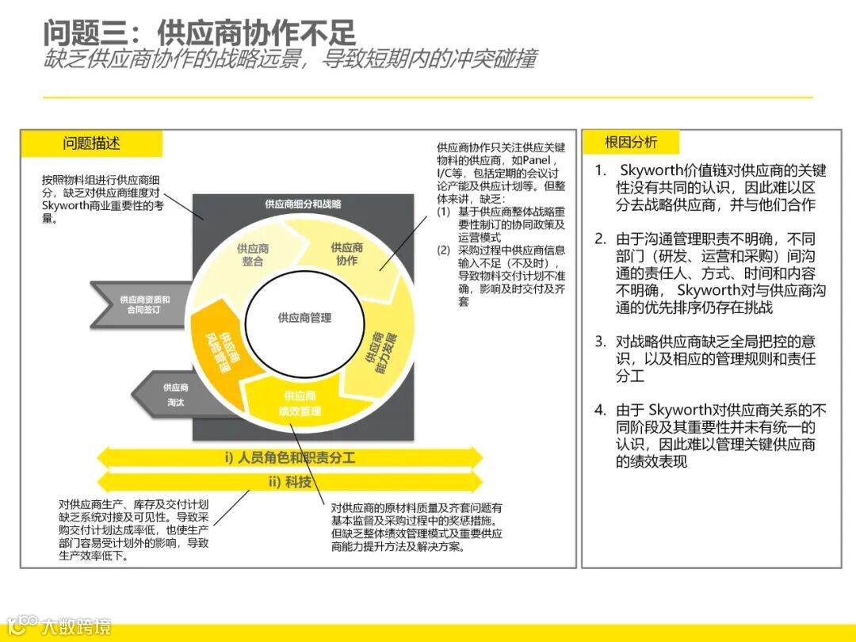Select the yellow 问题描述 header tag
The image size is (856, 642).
click(x=92, y=143)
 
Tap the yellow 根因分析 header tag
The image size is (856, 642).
click(x=631, y=143)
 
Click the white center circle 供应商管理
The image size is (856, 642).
click(x=304, y=318)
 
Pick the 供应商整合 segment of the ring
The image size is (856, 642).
click(x=252, y=254)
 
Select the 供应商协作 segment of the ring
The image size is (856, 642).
click(x=347, y=254)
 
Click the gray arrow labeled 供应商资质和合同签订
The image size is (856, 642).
click(x=143, y=305)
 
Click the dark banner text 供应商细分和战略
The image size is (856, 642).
click(x=304, y=204)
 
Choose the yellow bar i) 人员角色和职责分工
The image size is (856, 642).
click(x=289, y=458)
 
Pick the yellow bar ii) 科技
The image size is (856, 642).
click(x=289, y=482)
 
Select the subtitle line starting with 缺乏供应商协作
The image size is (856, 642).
click(x=289, y=60)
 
